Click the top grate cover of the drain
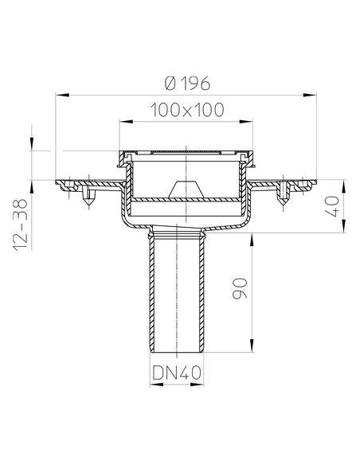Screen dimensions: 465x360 (183, 152)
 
